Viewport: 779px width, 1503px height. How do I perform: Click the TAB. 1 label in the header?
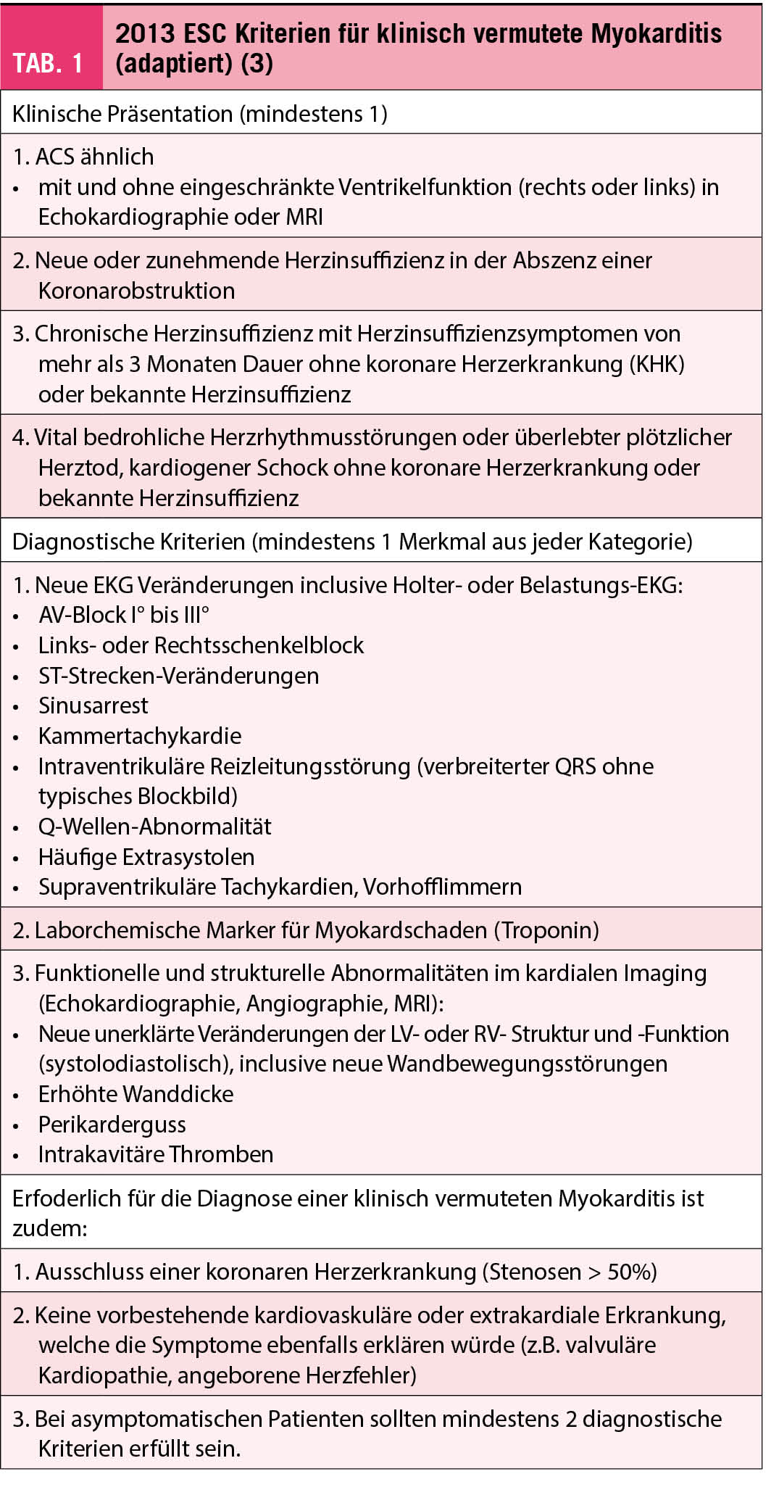coord(48,64)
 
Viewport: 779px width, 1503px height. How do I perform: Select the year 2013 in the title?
coord(145,33)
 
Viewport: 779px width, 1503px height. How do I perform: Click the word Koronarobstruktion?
coord(136,291)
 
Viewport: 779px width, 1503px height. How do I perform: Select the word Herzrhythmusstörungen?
coord(334,437)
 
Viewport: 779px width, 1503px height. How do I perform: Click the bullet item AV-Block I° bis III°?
coord(124,615)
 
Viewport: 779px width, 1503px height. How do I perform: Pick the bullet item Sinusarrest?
coord(93,705)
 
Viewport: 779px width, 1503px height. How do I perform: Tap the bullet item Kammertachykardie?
coord(140,736)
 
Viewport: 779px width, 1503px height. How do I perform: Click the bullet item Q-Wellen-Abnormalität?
coord(154,827)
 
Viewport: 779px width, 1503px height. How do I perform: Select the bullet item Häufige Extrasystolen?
coord(146,857)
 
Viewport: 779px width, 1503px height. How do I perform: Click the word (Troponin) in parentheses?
coord(546,930)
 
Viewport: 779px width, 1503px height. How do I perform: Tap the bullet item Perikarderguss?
coord(112,1125)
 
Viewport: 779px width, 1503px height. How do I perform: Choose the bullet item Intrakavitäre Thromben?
coord(156,1154)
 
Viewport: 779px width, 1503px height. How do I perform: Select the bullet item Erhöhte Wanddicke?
coord(136,1094)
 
